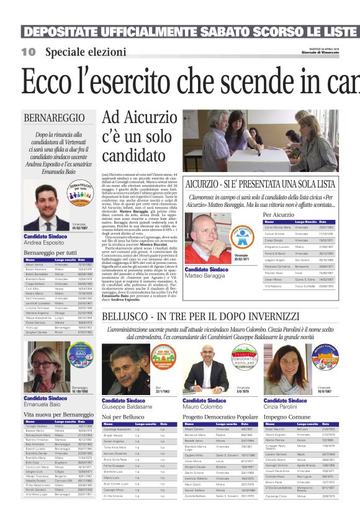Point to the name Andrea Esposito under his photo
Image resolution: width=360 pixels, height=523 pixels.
click(45, 243)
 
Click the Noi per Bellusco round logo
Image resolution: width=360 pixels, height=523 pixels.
click(165, 360)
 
